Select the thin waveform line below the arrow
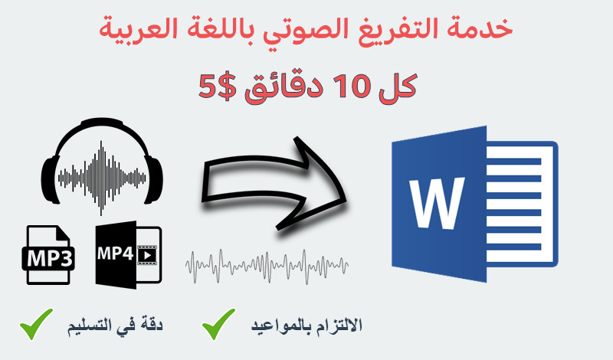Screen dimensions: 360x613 coord(267,264)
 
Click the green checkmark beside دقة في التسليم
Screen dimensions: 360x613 coord(36,325)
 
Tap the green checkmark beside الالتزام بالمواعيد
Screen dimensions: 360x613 coord(219,325)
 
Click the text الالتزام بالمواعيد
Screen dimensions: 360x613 coord(306,326)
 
